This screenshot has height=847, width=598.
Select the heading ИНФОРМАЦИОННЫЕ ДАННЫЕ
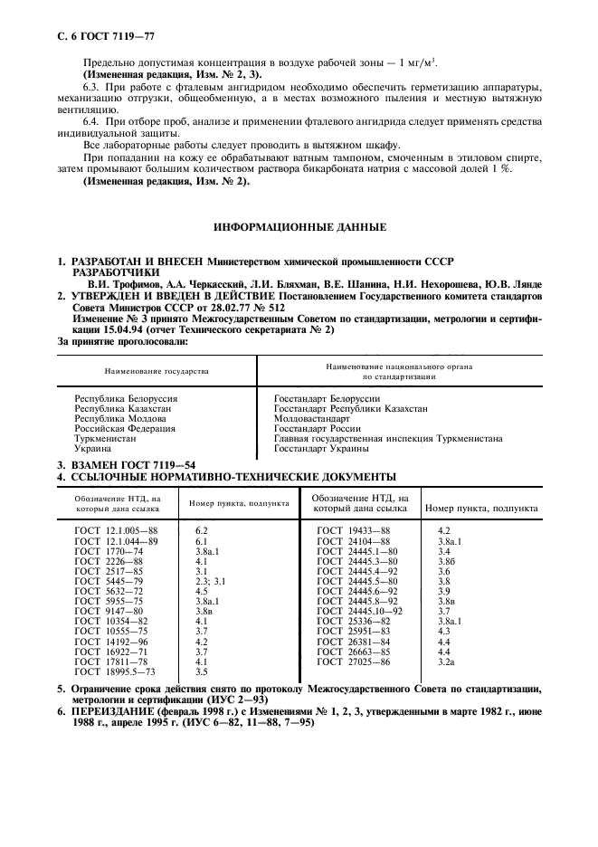point(299,226)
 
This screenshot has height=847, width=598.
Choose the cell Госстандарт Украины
point(321,446)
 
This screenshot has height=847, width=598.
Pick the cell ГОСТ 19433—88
point(353,529)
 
